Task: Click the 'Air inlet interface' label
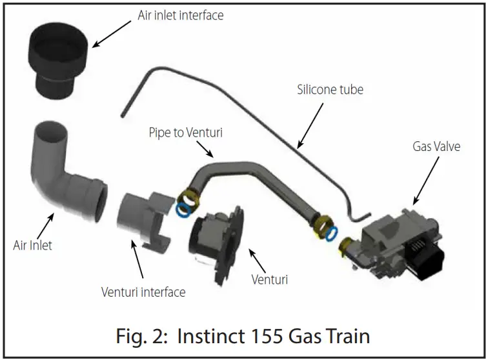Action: point(181,15)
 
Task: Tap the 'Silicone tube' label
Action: point(330,90)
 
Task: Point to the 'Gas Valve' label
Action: point(436,146)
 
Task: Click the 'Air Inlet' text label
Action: point(33,245)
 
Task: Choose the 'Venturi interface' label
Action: point(143,292)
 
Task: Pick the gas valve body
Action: point(394,242)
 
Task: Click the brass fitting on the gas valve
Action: point(343,246)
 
